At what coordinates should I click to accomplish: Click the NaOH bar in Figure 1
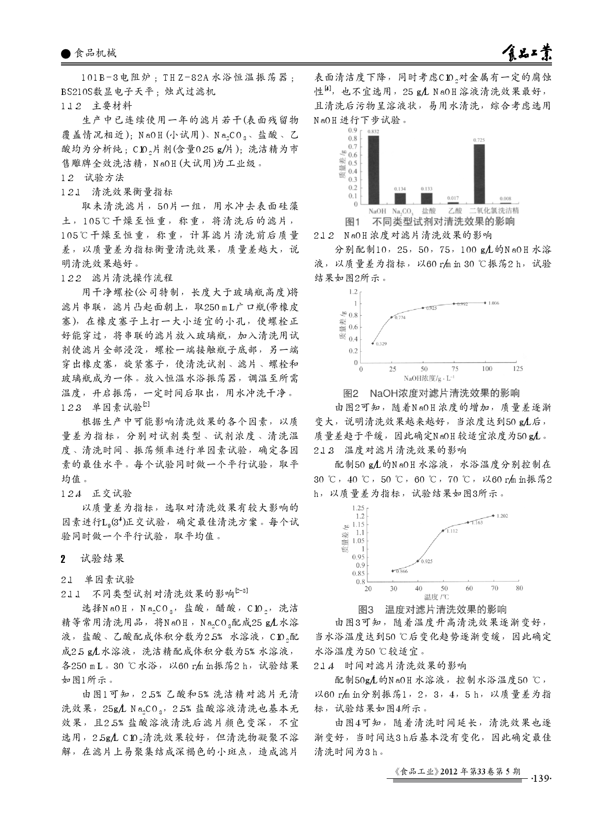tap(374, 170)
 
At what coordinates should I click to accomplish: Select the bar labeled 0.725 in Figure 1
tap(479, 174)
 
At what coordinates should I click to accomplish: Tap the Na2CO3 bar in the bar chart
tap(400, 198)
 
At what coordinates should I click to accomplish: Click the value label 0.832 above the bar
tap(373, 131)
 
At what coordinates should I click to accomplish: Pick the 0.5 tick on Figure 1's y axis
tap(353, 163)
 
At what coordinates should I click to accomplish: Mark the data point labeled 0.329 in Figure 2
tap(373, 343)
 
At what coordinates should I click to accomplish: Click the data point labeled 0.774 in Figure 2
tap(392, 317)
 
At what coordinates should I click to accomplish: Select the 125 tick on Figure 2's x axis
tap(518, 368)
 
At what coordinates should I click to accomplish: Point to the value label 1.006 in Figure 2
tap(493, 303)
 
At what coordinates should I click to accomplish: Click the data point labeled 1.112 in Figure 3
tap(443, 530)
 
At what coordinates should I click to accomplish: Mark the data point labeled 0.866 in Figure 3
tap(393, 571)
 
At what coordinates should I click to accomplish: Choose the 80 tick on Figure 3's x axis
tap(519, 588)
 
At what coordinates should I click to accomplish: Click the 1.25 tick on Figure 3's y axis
tap(358, 508)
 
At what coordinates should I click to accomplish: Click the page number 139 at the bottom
tap(540, 778)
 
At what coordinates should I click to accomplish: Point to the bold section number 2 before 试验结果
tap(63, 558)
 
